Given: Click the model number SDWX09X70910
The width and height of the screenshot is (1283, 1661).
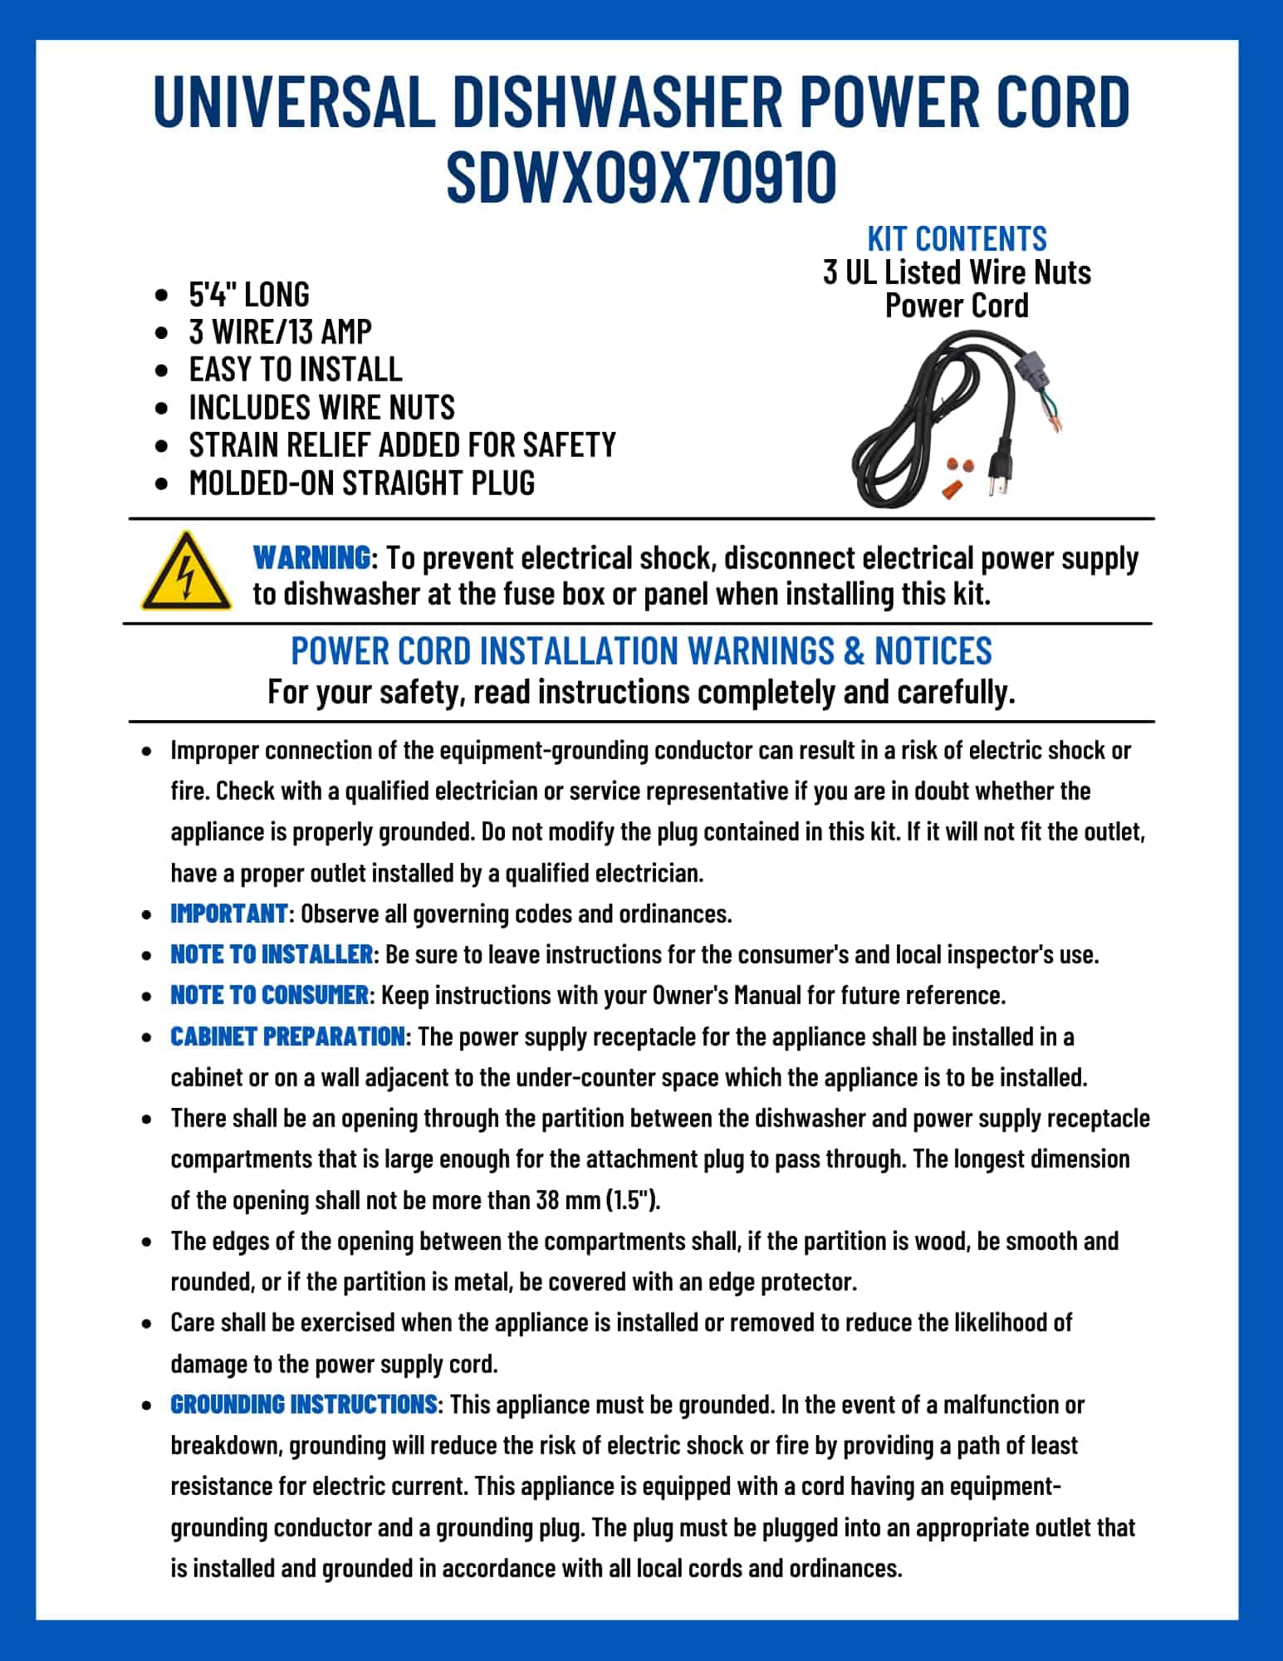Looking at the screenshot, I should pyautogui.click(x=641, y=177).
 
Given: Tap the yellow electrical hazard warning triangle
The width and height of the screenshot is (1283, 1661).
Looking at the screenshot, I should pyautogui.click(x=186, y=572).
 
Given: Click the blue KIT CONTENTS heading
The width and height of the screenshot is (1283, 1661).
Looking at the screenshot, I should pyautogui.click(x=957, y=238).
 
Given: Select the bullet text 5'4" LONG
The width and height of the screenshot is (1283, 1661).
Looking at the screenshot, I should pyautogui.click(x=249, y=294).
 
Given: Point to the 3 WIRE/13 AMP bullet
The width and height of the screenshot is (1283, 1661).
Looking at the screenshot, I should pyautogui.click(x=280, y=331).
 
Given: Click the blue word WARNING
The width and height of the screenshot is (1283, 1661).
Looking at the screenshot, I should pyautogui.click(x=311, y=557).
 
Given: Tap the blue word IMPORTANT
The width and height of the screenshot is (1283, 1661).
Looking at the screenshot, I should pyautogui.click(x=228, y=914).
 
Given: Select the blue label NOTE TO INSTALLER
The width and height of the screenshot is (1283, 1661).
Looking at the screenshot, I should pyautogui.click(x=272, y=954).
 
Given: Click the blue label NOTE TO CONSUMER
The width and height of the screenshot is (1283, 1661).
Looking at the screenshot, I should pyautogui.click(x=269, y=995).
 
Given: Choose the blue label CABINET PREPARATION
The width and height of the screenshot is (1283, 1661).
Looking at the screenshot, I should pyautogui.click(x=287, y=1036).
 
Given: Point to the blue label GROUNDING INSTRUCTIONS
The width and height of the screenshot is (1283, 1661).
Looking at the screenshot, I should pyautogui.click(x=304, y=1404).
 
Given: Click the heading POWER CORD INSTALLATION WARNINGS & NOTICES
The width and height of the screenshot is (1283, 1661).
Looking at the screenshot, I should pyautogui.click(x=641, y=651).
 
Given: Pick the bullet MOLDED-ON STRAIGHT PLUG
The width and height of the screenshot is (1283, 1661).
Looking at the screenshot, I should pyautogui.click(x=362, y=483).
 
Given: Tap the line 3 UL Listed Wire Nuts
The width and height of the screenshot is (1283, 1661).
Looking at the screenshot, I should pyautogui.click(x=957, y=272).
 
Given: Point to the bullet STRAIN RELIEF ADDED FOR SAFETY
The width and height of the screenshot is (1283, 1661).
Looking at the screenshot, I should pyautogui.click(x=402, y=445).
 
